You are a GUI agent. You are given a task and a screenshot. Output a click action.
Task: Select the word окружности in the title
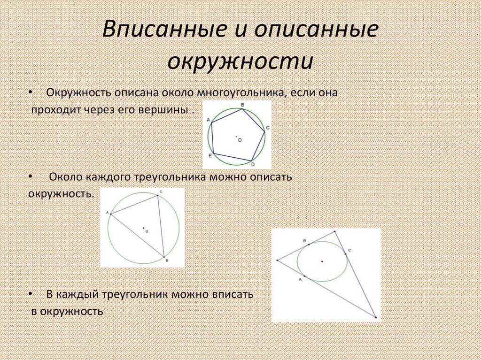pos(240,62)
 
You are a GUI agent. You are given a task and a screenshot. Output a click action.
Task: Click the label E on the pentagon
pos(209,155)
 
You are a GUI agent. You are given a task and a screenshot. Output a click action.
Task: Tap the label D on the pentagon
pos(253,164)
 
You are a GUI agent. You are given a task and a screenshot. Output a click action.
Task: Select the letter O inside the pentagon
pos(240,140)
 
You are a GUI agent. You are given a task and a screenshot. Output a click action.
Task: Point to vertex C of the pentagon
pos(264,132)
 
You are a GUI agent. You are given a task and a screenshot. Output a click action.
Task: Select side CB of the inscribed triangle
pos(161,227)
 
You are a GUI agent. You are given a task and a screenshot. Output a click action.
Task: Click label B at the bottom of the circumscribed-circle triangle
pos(167,260)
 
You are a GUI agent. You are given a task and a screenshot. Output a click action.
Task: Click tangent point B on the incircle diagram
pos(309,245)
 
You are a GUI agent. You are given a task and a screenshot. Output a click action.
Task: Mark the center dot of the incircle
pos(322,261)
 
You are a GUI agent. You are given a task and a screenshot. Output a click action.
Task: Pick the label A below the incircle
pos(300,279)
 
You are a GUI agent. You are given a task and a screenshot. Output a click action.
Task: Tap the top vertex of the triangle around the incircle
pos(334,231)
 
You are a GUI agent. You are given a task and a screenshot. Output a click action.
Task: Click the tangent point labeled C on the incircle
pos(345,253)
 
